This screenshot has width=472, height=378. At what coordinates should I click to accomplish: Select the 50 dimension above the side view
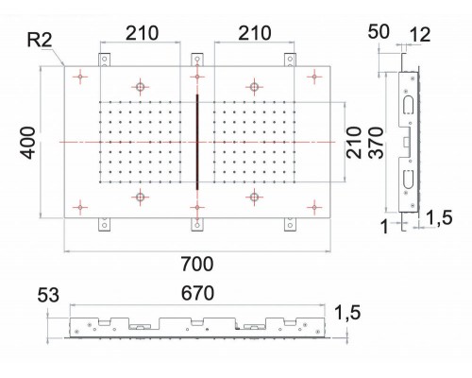tap(379, 33)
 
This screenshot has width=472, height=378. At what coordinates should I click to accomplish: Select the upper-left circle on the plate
tap(141, 87)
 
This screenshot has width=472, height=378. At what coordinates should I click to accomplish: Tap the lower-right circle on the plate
tap(254, 197)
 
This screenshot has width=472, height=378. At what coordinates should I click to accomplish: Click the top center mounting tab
tap(196, 59)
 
